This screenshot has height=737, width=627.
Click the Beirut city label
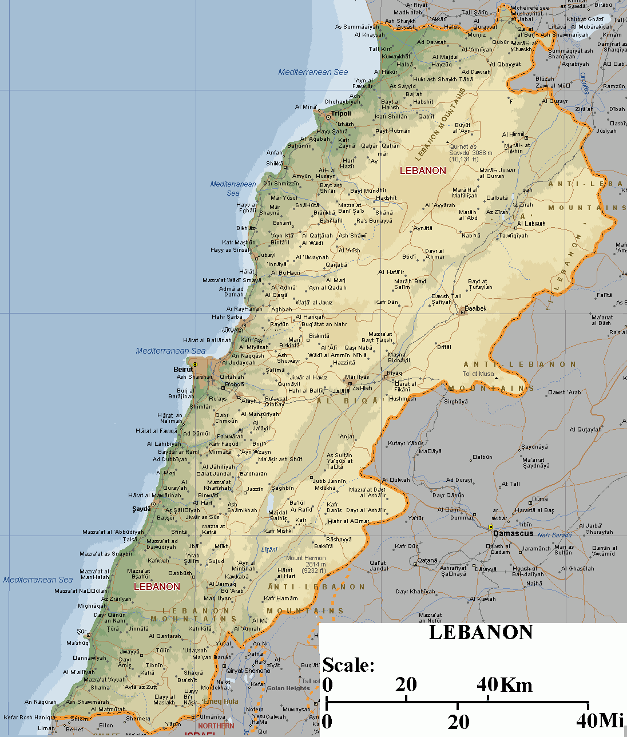(183, 369)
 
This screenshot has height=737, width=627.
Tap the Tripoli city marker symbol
(328, 117)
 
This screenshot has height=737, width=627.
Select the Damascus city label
(513, 533)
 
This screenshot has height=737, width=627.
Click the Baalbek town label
(475, 308)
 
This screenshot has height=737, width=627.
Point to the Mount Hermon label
(306, 558)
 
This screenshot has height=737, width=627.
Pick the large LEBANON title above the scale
(481, 632)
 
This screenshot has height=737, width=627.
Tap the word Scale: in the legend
(348, 665)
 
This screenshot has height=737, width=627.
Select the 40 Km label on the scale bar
(504, 684)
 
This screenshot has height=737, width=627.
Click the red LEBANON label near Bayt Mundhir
(423, 171)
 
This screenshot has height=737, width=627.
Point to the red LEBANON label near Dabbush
(157, 587)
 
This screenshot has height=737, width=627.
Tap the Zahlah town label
(362, 388)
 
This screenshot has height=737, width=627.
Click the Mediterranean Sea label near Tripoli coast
(313, 72)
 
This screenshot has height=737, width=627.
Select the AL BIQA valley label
(347, 401)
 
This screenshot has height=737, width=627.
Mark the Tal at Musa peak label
(478, 374)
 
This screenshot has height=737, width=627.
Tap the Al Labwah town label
(531, 224)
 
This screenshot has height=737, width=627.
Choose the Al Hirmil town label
(513, 134)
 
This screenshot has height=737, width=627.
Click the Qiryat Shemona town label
(248, 671)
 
